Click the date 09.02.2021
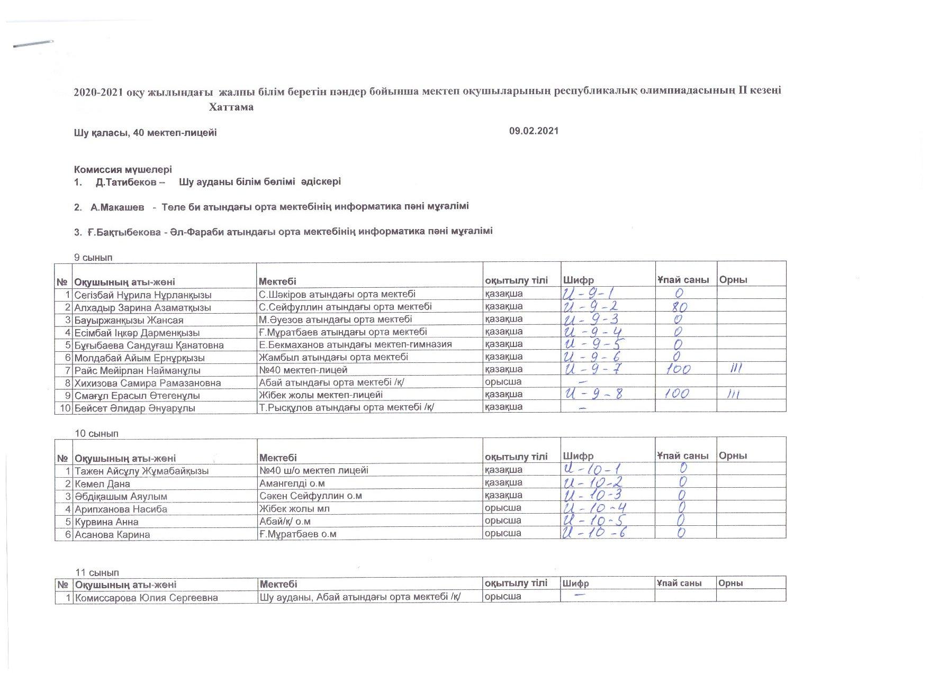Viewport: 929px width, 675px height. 534,131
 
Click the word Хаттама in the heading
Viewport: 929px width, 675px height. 231,107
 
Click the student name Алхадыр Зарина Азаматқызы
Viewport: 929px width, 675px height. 143,307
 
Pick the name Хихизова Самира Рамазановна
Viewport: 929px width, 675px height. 148,382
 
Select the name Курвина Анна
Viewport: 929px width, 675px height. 106,522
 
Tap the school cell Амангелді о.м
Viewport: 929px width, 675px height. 292,483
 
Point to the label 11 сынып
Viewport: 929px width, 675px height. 97,573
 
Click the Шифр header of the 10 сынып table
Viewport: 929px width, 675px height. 578,457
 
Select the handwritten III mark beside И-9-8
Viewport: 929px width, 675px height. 732,394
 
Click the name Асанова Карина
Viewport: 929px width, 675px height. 112,534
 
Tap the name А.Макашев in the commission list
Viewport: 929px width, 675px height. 117,207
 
